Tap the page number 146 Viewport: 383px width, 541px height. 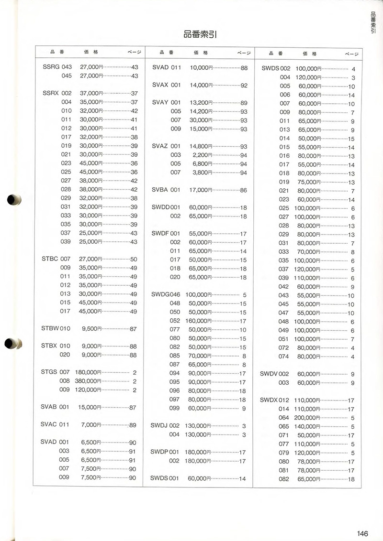pyautogui.click(x=362, y=533)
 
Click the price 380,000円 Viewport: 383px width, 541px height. pyautogui.click(x=88, y=381)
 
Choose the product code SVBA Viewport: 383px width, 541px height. pyautogui.click(x=160, y=190)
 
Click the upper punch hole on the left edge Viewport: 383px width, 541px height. pyautogui.click(x=12, y=200)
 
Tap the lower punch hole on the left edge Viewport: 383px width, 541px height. pyautogui.click(x=12, y=343)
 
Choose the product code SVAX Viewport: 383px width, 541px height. pyautogui.click(x=160, y=85)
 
